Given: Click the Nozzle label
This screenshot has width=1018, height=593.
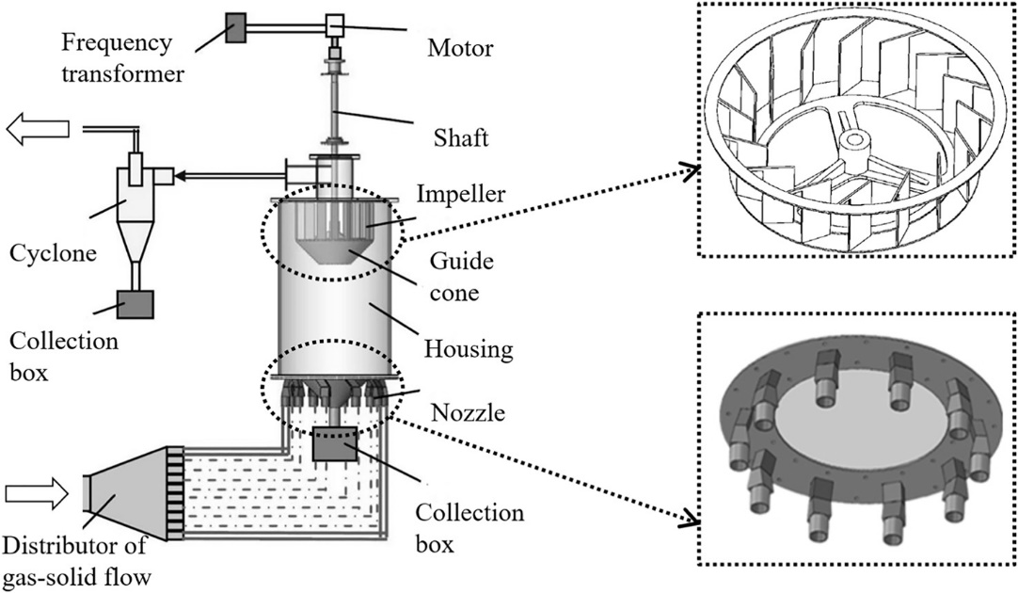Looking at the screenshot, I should coord(469,411).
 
